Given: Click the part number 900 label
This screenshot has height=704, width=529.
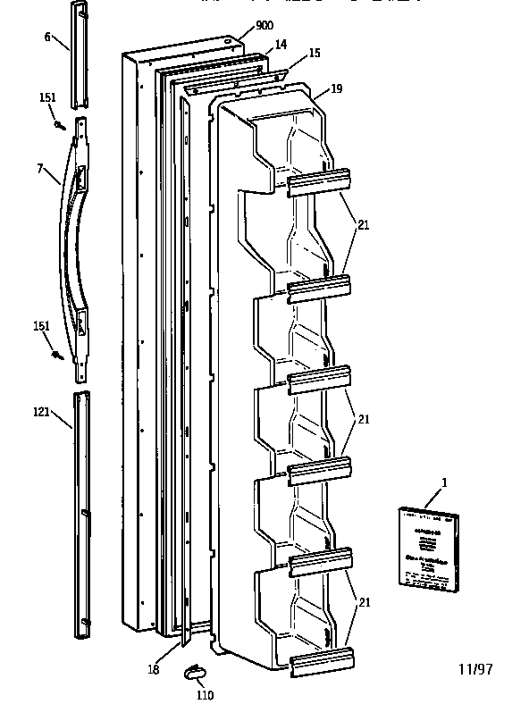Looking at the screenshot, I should pyautogui.click(x=264, y=25).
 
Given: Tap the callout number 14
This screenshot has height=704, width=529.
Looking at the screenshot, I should pyautogui.click(x=280, y=44).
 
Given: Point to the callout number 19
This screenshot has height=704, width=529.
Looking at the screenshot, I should pyautogui.click(x=336, y=88).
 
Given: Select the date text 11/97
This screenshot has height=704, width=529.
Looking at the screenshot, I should pyautogui.click(x=475, y=668).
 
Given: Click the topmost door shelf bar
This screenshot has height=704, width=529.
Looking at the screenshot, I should pyautogui.click(x=319, y=181).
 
